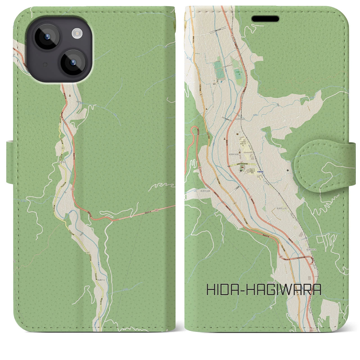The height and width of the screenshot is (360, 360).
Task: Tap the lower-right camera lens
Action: tap(73, 63)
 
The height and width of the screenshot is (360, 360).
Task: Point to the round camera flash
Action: tap(76, 34)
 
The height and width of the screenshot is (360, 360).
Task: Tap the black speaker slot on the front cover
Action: tap(265, 19)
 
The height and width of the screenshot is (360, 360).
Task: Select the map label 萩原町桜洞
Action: tap(240, 119)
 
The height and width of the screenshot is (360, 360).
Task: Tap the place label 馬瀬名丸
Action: tap(62, 162)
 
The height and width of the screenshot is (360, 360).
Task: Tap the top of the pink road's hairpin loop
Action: tap(194, 128)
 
